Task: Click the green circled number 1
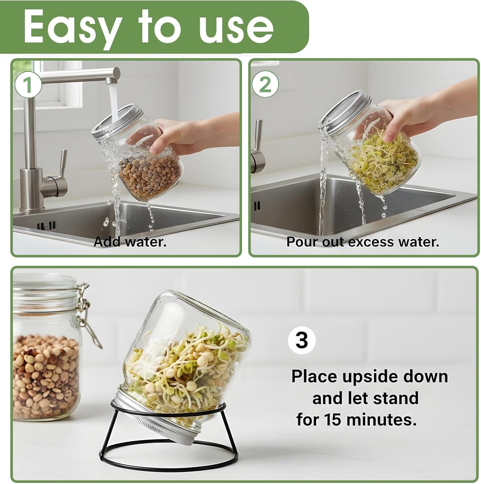tap(28, 85)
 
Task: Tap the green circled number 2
tap(265, 85)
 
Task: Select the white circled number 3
tap(302, 340)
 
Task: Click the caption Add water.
tap(130, 242)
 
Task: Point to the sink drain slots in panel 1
tap(47, 226)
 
